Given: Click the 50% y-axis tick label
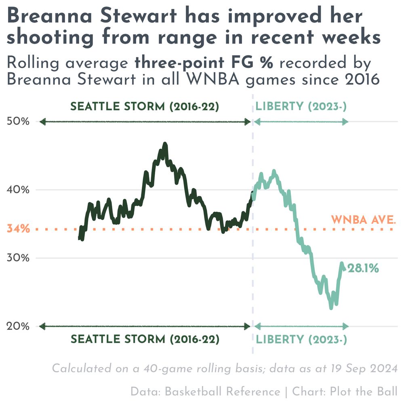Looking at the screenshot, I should (x=18, y=121).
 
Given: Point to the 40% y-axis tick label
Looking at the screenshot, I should (x=18, y=189).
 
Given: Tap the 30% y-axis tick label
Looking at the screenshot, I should (x=18, y=258).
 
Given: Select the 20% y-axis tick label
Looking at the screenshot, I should (x=18, y=326).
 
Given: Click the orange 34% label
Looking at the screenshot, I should (x=18, y=229).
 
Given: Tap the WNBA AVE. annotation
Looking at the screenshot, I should (x=363, y=220).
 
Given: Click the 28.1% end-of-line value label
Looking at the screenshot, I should (x=363, y=268).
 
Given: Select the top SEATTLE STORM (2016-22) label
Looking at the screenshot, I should (x=145, y=107).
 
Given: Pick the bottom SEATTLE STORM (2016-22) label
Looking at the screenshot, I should (x=145, y=339).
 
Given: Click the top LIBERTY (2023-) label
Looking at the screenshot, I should (x=301, y=107).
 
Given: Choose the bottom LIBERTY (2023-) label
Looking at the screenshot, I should (x=301, y=339).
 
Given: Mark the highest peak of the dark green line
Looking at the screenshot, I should (x=164, y=144).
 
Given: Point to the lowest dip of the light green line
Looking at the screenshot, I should (x=331, y=308).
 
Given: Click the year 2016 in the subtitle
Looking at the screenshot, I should (x=362, y=79).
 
